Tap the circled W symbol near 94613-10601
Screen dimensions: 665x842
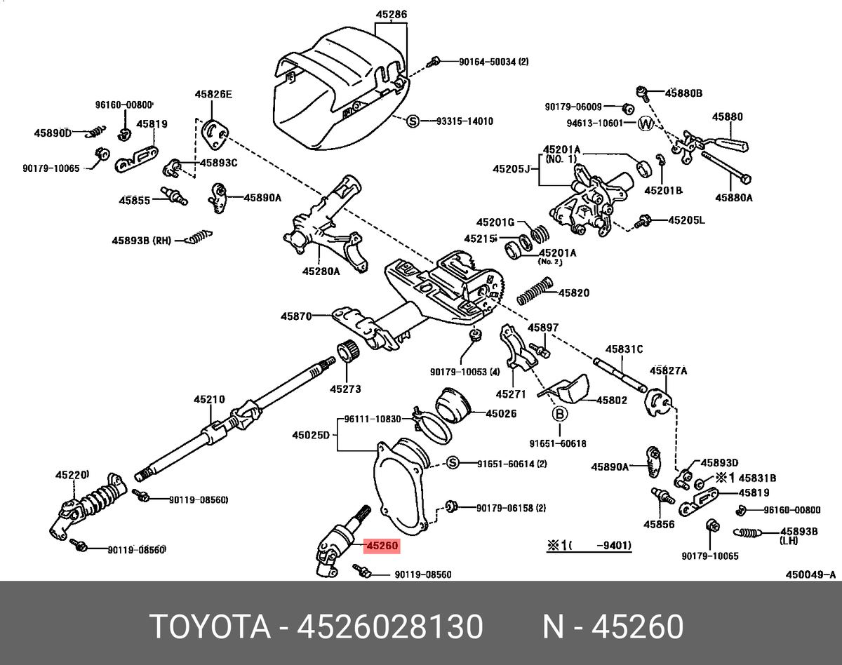646,124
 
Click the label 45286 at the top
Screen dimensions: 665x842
391,14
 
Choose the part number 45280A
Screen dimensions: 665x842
321,271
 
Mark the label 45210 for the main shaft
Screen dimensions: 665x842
209,400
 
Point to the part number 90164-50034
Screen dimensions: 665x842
494,62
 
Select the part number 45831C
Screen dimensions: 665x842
624,349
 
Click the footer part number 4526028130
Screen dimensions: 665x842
390,626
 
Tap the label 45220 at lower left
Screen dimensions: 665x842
72,475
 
